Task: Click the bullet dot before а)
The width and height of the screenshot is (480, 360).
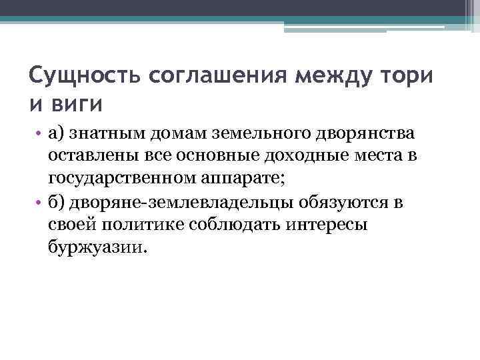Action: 39,133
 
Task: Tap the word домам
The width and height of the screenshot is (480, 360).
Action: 173,133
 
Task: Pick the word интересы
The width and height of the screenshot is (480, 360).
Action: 327,225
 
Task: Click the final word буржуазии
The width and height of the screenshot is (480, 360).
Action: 95,247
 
